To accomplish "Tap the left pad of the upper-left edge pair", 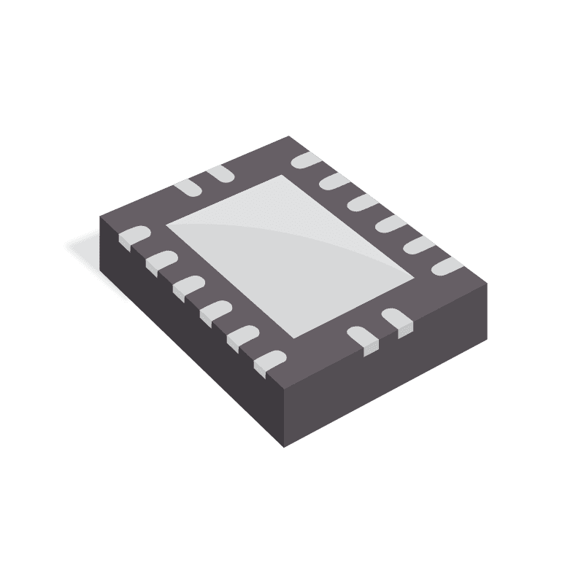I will pyautogui.click(x=186, y=187).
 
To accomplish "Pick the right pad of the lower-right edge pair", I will pyautogui.click(x=397, y=320).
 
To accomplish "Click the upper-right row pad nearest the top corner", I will pyautogui.click(x=306, y=160).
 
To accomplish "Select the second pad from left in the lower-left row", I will pyautogui.click(x=161, y=260).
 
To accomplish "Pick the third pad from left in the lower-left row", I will pyautogui.click(x=188, y=285).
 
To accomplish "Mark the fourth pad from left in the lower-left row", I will pyautogui.click(x=216, y=311).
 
